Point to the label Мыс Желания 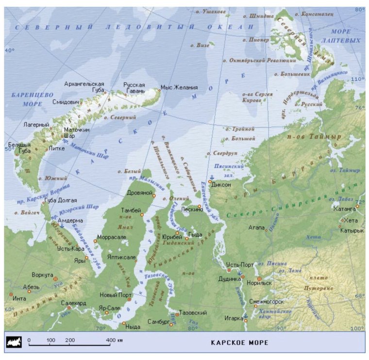[x=179, y=87]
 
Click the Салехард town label [x=73, y=303]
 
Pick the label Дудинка [x=230, y=279]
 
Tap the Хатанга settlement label [x=345, y=209]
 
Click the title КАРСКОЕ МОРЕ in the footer [x=239, y=343]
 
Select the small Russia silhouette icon [x=13, y=343]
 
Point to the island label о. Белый [x=125, y=172]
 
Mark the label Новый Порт [x=115, y=295]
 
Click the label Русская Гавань [x=134, y=87]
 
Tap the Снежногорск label [x=267, y=301]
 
